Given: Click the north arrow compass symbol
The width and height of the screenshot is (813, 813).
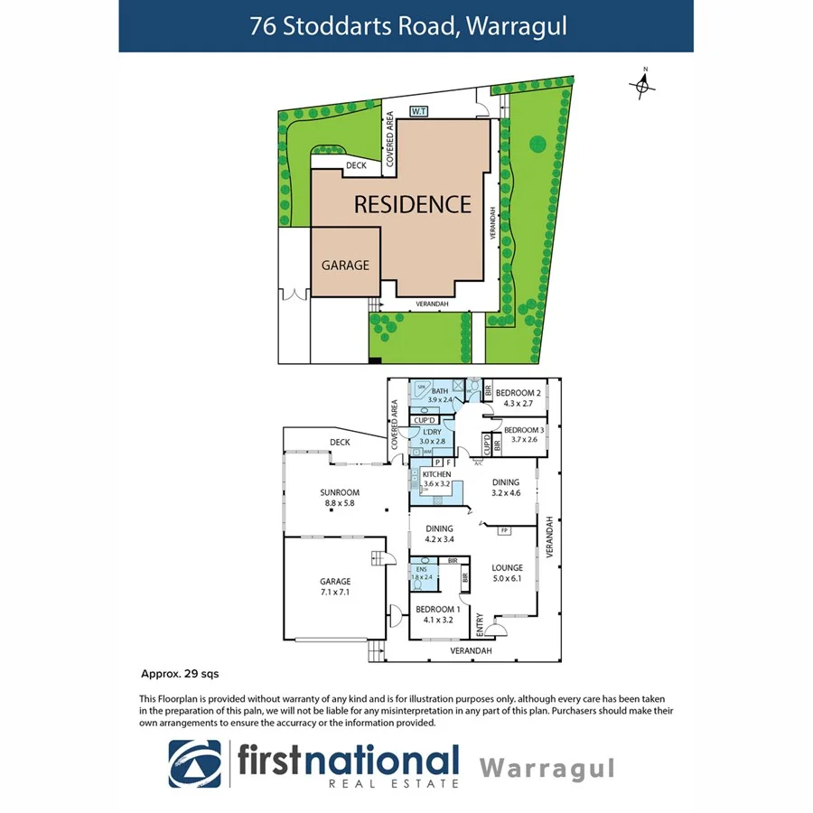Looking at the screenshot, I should (642, 84).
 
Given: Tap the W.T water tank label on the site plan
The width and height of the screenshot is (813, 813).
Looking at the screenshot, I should (418, 111).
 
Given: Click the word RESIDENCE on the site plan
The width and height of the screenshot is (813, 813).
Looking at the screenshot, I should (412, 204).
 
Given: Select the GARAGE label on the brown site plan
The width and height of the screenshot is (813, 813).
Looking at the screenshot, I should (345, 266).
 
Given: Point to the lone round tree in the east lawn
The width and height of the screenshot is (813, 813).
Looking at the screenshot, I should (537, 143).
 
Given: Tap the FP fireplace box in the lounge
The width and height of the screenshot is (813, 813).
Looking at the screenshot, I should (504, 529).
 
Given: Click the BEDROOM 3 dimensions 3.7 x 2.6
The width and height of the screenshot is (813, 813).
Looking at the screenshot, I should (523, 439).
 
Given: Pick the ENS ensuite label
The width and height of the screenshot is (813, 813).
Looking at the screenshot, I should (420, 571).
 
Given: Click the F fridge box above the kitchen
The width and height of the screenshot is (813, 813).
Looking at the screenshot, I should (449, 462).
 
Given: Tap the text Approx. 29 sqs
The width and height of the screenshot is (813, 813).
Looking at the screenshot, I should (180, 674).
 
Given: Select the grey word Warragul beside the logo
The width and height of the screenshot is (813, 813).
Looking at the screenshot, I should (547, 768).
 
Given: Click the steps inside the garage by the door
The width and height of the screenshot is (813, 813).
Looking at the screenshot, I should (380, 560).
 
